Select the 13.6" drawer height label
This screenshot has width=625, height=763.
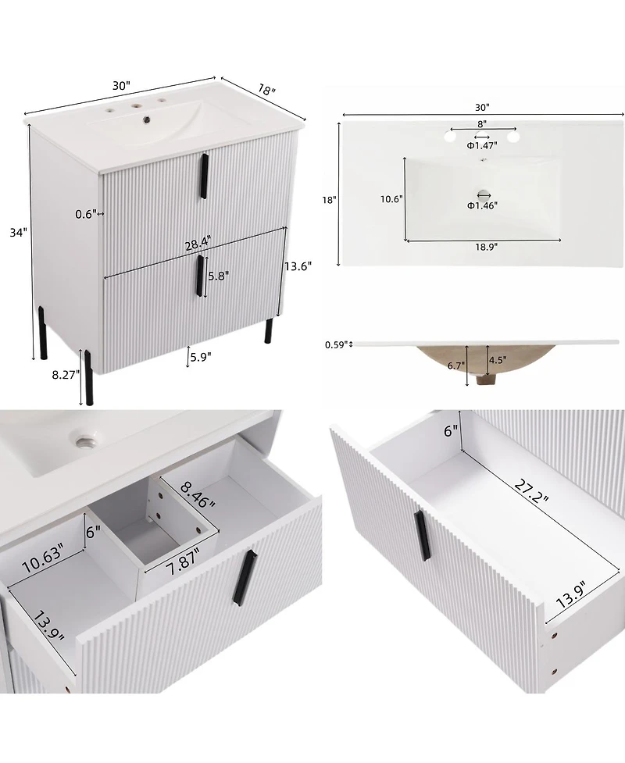(x=298, y=266)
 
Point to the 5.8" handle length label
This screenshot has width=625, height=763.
(x=219, y=276)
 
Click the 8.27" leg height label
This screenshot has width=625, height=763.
(x=65, y=375)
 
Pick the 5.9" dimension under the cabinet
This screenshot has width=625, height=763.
(x=199, y=358)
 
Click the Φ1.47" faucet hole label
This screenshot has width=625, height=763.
(x=482, y=145)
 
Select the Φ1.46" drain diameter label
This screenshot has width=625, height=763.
(x=483, y=205)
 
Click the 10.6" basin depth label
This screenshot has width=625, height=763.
(x=391, y=199)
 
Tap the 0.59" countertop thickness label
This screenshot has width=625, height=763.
(x=335, y=344)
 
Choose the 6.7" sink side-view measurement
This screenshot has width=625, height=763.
(x=457, y=365)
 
